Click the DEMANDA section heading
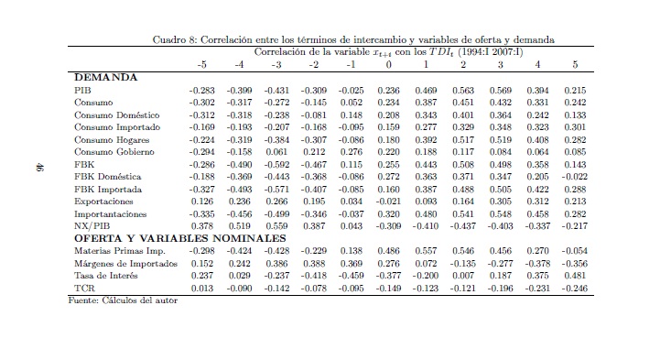(x=105, y=78)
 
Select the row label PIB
(x=82, y=91)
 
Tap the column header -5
(x=202, y=65)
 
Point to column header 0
(x=388, y=65)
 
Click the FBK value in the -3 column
(x=276, y=165)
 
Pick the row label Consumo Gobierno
(x=114, y=152)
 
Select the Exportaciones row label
(x=103, y=202)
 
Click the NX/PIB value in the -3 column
(x=277, y=226)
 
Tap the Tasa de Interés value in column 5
(x=576, y=276)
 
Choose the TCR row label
(x=84, y=288)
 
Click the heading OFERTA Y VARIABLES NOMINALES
(x=180, y=238)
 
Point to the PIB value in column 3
(x=501, y=91)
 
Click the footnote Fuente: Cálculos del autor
(x=123, y=300)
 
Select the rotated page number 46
(x=39, y=167)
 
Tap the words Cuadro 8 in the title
(x=175, y=39)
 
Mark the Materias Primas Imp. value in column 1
(x=426, y=251)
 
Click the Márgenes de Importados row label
(x=125, y=264)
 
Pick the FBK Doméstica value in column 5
(x=575, y=177)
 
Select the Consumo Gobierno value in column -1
(x=352, y=152)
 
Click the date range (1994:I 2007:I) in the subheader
(x=491, y=52)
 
